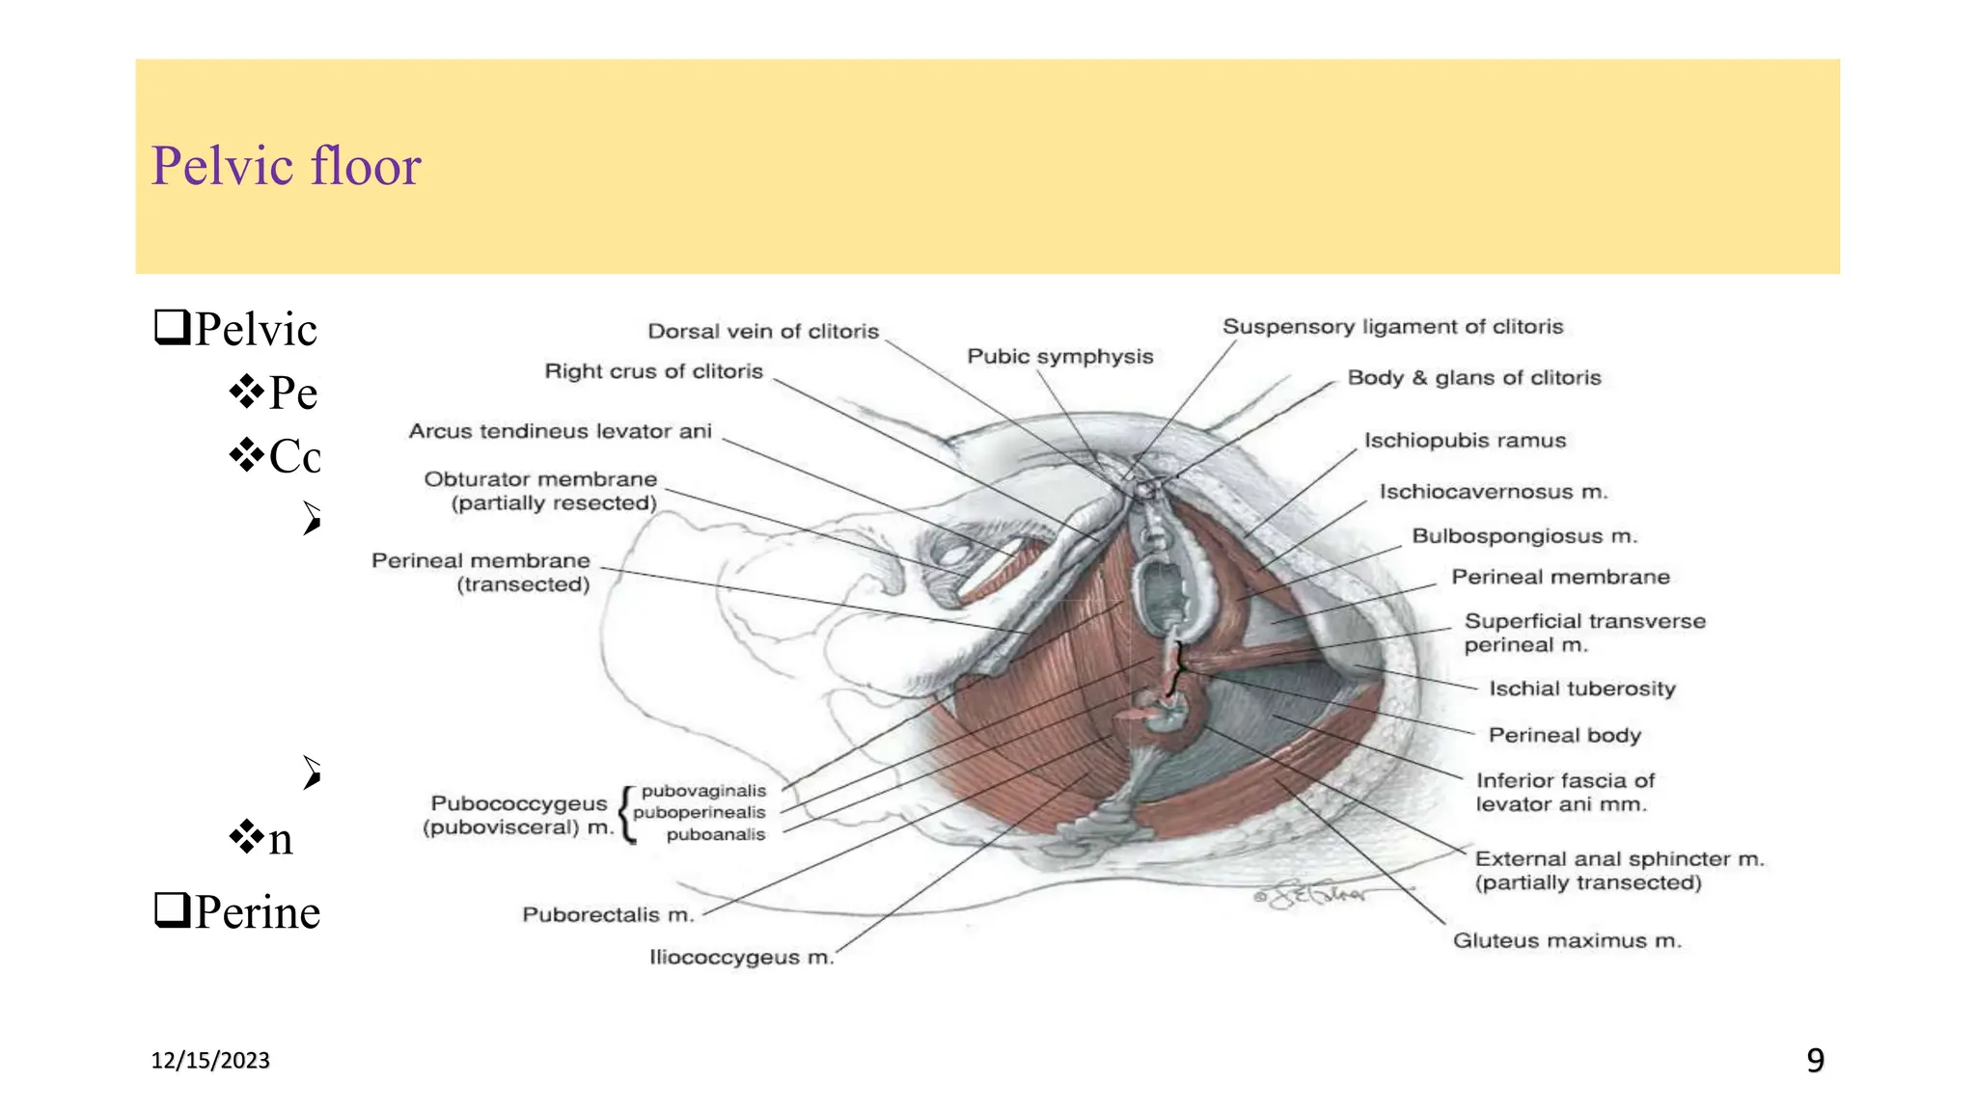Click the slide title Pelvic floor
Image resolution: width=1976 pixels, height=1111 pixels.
coord(286,166)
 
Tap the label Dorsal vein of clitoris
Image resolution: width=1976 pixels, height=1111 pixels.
coord(763,332)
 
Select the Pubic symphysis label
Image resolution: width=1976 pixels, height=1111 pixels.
coord(1059,357)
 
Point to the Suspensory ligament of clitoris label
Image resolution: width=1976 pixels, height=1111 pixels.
coord(1392,327)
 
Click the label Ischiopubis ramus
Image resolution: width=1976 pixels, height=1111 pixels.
coord(1465,441)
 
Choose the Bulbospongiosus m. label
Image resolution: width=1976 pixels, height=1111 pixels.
coord(1524,536)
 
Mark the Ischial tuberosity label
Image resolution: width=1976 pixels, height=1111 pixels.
coord(1581,689)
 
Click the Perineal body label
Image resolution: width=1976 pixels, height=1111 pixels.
coord(1564,735)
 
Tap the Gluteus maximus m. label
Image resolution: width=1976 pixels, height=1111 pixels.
coord(1567,940)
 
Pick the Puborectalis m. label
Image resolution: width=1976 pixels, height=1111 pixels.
coord(608,914)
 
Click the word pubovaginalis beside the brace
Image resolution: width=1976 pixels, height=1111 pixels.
coord(703,791)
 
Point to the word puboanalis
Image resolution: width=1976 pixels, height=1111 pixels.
coord(715,834)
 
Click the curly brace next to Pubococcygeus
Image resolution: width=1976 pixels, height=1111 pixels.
coord(628,814)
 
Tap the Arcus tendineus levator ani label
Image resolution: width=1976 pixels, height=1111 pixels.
coord(560,431)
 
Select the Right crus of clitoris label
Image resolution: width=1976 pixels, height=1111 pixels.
coord(653,371)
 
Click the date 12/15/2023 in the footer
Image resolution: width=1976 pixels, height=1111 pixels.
coord(210,1061)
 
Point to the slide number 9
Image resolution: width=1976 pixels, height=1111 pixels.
coord(1815,1061)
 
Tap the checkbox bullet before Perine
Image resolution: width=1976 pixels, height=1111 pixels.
coord(171,909)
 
